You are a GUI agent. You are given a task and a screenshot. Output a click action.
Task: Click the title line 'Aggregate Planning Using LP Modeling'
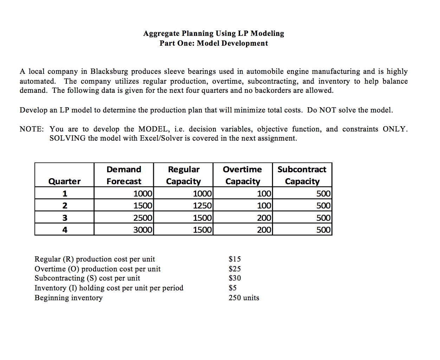(214, 33)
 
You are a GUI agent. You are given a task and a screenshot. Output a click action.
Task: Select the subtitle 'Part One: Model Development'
(214, 43)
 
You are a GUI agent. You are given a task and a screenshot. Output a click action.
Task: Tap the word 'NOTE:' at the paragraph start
(32, 129)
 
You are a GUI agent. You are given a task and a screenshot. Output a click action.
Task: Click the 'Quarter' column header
(64, 181)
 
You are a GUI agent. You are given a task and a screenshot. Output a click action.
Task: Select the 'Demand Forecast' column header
(124, 175)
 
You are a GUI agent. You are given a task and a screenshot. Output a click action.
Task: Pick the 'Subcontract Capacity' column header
(302, 175)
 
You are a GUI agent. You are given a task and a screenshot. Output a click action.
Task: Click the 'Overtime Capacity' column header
(242, 175)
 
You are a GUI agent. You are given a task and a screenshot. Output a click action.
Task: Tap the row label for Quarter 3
(65, 218)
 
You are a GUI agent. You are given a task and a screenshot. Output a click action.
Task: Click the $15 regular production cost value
(235, 259)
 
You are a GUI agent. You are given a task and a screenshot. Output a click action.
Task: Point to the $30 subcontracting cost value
(235, 278)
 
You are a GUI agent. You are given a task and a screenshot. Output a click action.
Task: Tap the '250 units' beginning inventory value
(244, 298)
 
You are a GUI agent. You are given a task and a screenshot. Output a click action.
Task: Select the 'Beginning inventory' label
(69, 298)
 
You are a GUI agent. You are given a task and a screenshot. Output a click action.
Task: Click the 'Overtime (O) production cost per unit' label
(97, 269)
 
